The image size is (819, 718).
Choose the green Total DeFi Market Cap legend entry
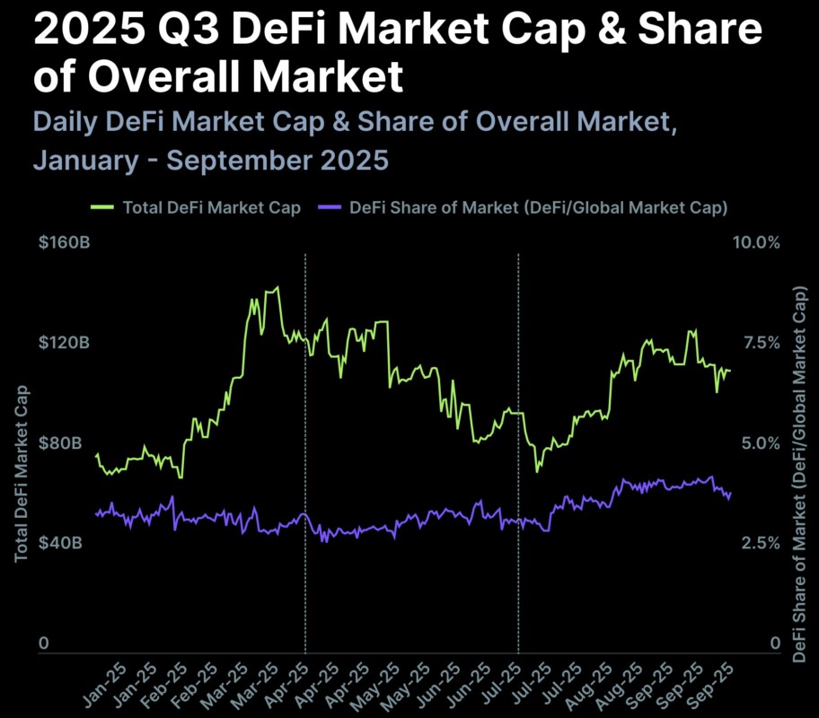[x=196, y=207]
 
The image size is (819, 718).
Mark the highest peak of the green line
[x=277, y=288]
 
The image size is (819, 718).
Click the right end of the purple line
[x=731, y=493]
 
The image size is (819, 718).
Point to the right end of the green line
[x=730, y=370]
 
